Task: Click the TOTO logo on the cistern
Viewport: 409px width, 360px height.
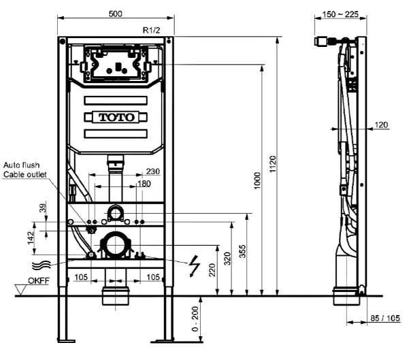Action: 116,117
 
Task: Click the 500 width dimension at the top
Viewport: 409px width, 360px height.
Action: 115,14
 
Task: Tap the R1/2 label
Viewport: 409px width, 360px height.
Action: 151,30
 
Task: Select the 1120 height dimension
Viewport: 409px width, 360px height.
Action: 273,164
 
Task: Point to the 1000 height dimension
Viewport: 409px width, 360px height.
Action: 257,180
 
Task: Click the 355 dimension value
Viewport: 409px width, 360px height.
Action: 242,251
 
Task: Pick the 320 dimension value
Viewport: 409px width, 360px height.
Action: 228,259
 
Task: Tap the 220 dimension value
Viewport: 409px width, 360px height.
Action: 212,270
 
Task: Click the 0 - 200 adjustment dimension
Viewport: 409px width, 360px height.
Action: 195,318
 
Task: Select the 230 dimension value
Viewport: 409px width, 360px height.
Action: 153,171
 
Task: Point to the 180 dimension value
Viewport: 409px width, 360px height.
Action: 144,184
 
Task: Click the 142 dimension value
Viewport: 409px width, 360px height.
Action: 31,238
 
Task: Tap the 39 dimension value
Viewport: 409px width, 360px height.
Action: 44,208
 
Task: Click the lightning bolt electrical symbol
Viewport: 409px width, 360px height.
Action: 195,266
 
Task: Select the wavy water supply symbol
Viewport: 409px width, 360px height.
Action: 42,265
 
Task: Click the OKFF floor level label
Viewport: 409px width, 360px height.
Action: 39,280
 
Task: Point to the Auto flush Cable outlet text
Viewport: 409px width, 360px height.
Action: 25,170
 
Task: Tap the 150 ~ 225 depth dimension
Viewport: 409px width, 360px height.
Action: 340,14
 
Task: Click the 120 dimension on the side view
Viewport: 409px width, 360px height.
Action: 381,125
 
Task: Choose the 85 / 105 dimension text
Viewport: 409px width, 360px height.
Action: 385,318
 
